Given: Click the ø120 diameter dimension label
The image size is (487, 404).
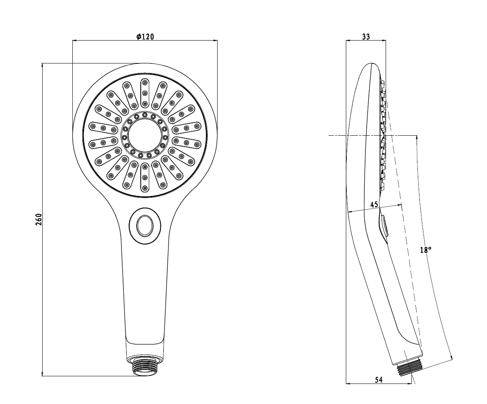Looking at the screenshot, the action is (x=145, y=37).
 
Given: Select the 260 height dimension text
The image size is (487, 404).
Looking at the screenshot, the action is (x=39, y=219).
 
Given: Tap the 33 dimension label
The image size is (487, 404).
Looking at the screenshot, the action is (x=366, y=37).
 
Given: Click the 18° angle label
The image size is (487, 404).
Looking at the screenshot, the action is (x=425, y=250).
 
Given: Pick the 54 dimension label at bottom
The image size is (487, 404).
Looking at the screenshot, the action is (x=379, y=386).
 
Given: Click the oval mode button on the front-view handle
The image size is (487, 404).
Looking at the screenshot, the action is (x=145, y=226).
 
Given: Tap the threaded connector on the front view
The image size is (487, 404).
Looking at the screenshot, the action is (x=145, y=369).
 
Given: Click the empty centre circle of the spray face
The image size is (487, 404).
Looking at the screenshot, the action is (x=145, y=136).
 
